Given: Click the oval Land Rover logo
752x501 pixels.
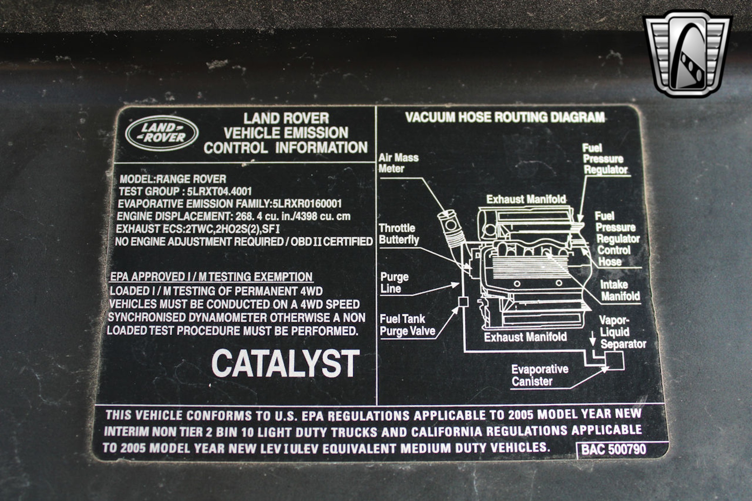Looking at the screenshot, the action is [162, 133].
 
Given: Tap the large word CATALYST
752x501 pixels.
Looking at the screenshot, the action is [285, 363].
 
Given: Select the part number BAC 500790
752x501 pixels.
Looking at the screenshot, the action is [614, 450].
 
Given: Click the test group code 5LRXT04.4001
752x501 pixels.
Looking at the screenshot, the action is [219, 191].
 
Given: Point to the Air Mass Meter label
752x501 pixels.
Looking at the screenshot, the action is [398, 163].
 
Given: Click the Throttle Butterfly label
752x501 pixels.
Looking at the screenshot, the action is [399, 234].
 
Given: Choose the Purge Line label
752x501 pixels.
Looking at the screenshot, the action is [394, 283].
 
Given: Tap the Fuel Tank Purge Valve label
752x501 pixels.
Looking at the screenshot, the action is [407, 325].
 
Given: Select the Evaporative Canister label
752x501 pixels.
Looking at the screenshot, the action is [540, 375].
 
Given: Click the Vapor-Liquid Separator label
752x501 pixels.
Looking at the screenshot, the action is [623, 332].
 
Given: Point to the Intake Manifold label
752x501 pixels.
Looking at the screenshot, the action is [620, 290].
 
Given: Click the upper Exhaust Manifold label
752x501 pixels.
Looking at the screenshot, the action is [526, 199].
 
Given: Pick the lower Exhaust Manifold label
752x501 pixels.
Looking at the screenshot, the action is [525, 337].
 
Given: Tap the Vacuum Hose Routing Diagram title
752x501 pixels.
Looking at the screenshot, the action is [505, 117].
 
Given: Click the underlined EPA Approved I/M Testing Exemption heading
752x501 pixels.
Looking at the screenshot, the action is [211, 277].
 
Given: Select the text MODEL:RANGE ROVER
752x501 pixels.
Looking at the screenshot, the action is [173, 179].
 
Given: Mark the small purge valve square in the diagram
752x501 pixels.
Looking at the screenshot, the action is [463, 302].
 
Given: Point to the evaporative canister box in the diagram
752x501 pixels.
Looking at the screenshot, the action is [614, 360].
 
